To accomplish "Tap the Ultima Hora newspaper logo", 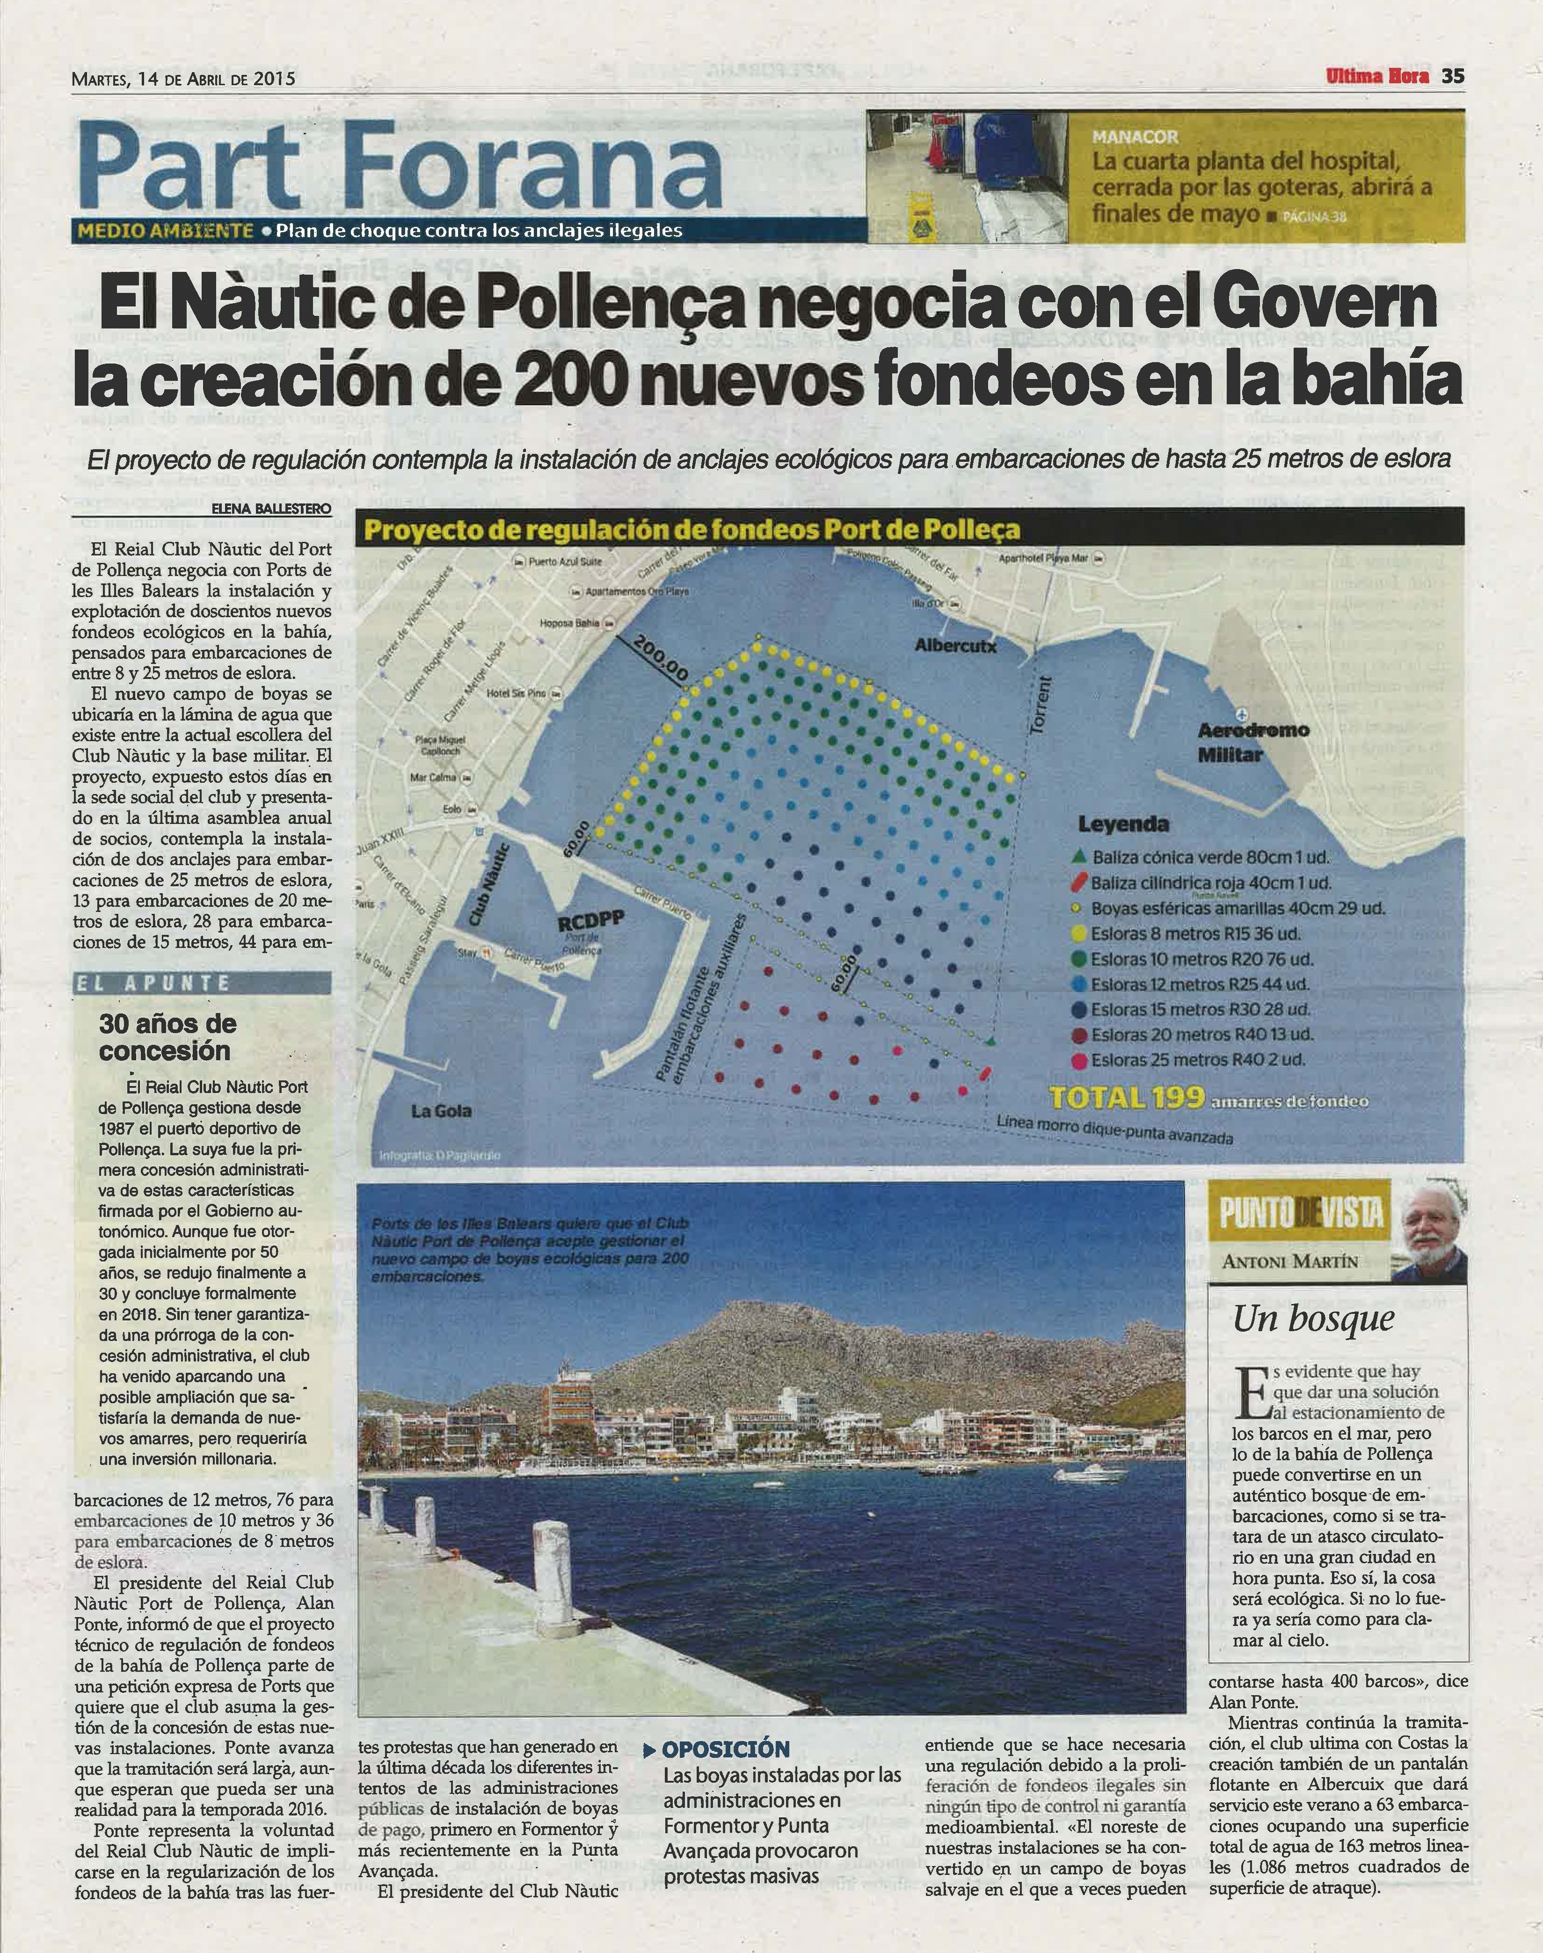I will [1377, 77].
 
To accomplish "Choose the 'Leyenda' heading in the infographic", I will [1123, 824].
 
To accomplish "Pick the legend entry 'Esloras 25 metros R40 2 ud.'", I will [1197, 1060].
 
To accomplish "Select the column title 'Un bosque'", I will [1314, 1319].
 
